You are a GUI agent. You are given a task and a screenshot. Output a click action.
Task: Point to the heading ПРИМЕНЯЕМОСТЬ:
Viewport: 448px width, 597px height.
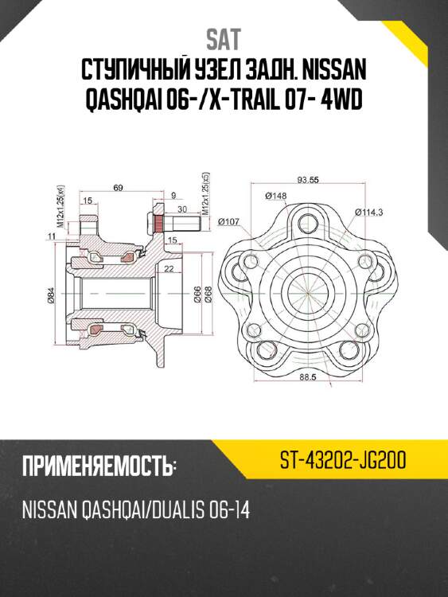pos(98,466)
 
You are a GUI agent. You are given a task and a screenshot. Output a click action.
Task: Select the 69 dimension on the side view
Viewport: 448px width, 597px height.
pos(118,187)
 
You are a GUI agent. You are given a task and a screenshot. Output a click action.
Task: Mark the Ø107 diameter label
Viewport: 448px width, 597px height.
pos(228,221)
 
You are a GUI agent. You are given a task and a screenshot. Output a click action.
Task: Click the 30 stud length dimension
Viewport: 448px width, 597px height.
pos(182,209)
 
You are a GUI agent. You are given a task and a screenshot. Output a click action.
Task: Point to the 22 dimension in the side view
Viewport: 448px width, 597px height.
pos(167,269)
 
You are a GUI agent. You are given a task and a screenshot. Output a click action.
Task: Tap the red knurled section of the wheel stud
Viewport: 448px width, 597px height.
pos(157,226)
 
